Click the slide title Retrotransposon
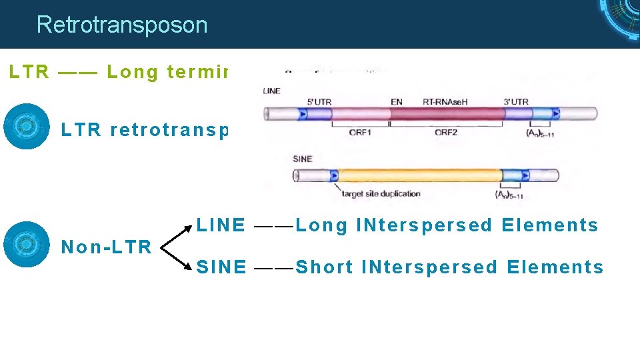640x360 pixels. tap(122, 25)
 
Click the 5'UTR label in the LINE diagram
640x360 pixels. tap(319, 102)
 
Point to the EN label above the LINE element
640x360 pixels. tap(397, 102)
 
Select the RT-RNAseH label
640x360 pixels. tap(445, 102)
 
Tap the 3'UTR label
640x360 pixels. tap(516, 102)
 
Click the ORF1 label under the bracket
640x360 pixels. tap(361, 132)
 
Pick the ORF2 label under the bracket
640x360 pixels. tap(446, 132)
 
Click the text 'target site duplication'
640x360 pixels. tap(381, 194)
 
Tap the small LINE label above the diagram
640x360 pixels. tap(272, 91)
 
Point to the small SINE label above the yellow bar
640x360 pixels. tap(302, 159)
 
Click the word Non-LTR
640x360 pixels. tap(107, 247)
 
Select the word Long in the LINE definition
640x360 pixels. tap(323, 225)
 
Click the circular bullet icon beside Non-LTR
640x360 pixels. tap(27, 244)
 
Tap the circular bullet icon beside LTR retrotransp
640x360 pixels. tap(27, 126)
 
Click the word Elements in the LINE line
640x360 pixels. tap(550, 225)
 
